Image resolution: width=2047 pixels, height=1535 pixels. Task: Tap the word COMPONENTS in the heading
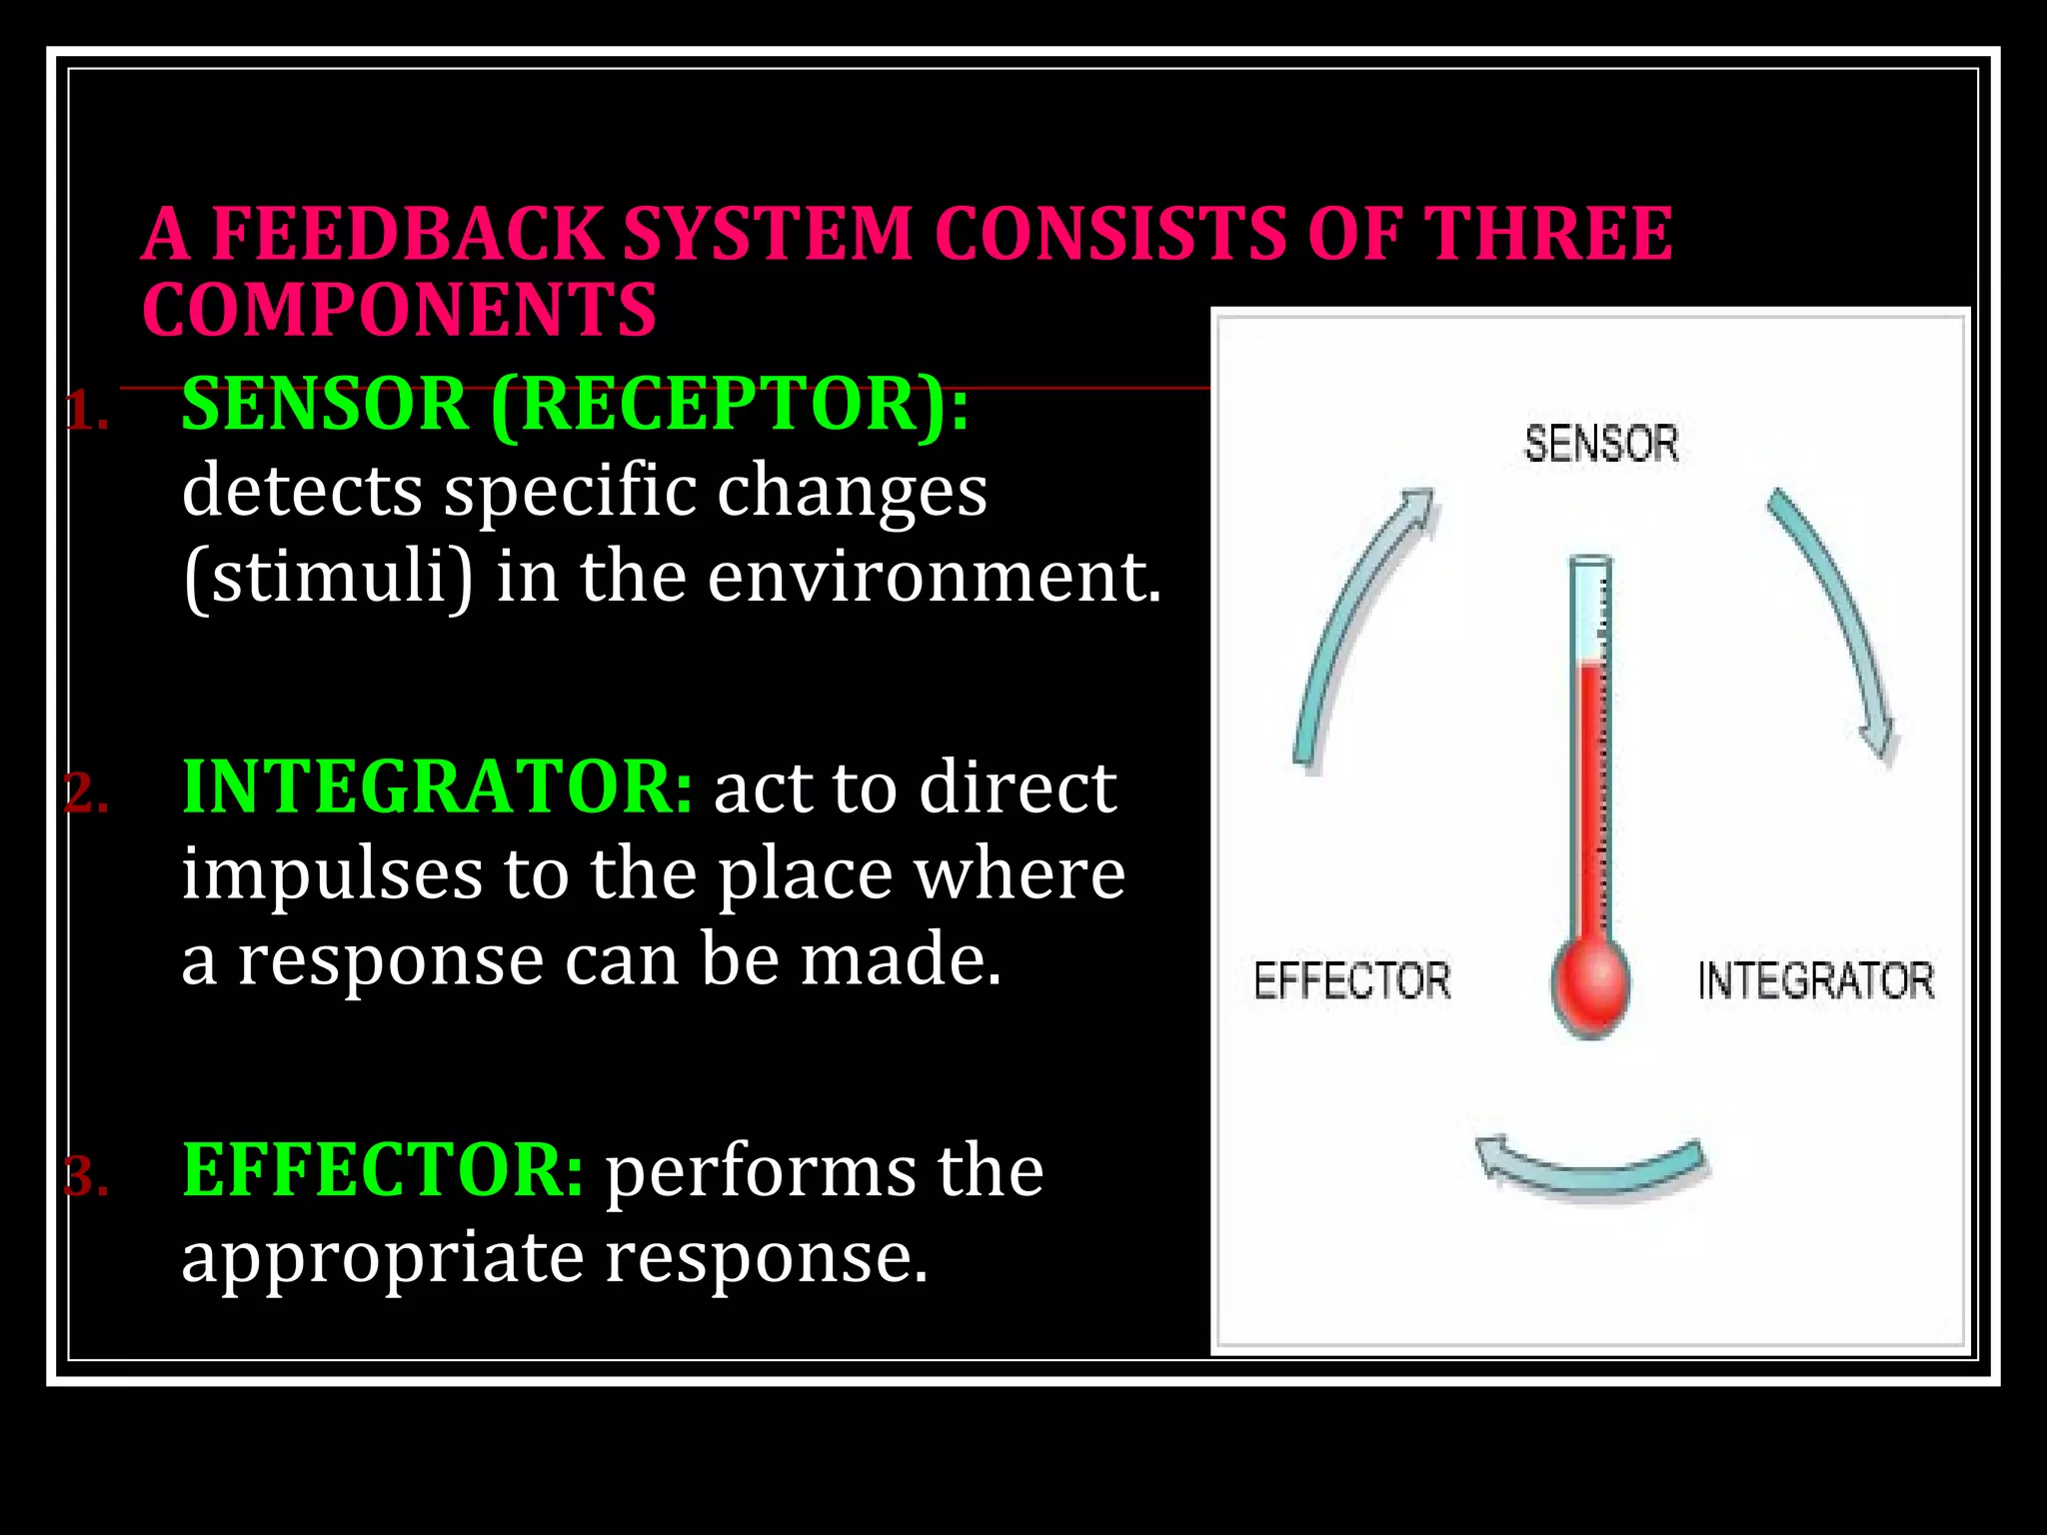[x=399, y=310]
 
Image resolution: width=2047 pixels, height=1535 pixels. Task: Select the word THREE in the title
[x=1546, y=234]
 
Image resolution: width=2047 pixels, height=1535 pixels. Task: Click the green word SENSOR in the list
[x=325, y=405]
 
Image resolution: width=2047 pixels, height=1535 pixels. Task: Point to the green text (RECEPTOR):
[x=730, y=405]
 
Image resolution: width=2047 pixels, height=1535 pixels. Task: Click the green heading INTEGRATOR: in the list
[x=437, y=787]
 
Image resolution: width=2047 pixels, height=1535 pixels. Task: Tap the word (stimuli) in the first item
[x=328, y=578]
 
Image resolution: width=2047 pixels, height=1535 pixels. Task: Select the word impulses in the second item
[x=332, y=873]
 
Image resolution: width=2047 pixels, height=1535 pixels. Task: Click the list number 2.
[x=87, y=794]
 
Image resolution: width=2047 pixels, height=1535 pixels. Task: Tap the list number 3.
[x=87, y=1177]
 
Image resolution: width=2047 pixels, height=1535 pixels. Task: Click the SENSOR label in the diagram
[x=1600, y=444]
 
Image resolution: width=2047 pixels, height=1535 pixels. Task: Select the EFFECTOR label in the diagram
[x=1351, y=980]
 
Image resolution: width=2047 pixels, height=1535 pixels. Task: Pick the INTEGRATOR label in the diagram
[x=1815, y=980]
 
